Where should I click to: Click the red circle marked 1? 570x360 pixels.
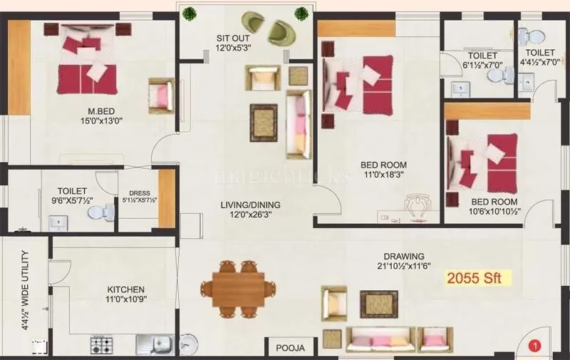pos(536,346)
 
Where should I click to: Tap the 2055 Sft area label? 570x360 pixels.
pos(480,278)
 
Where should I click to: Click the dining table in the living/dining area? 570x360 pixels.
pos(238,289)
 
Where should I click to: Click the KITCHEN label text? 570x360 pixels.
pos(126,289)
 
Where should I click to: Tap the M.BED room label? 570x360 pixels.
pos(102,111)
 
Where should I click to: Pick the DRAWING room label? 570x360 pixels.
pos(403,257)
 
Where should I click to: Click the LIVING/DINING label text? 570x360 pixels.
pos(249,205)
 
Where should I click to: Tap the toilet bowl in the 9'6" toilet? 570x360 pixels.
pos(106,212)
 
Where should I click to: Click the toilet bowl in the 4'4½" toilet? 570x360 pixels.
pos(530,36)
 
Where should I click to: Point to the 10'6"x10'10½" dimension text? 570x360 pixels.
pos(494,212)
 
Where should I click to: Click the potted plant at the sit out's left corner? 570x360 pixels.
pos(190,14)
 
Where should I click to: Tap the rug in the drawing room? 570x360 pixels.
pos(378,303)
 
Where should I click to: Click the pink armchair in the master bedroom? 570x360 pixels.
pos(161,95)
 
